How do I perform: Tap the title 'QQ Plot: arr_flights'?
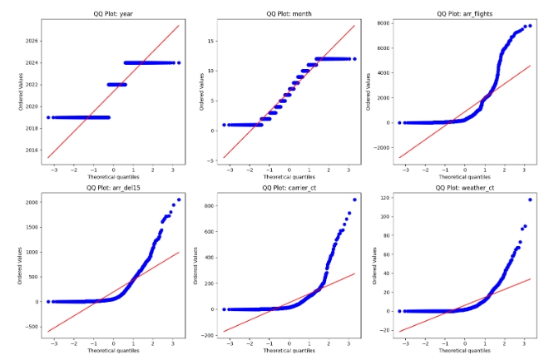471,14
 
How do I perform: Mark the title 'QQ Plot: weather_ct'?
471,188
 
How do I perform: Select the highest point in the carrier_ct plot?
354,200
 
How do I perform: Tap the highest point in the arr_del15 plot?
178,200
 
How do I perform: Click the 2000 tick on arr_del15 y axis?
29,202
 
